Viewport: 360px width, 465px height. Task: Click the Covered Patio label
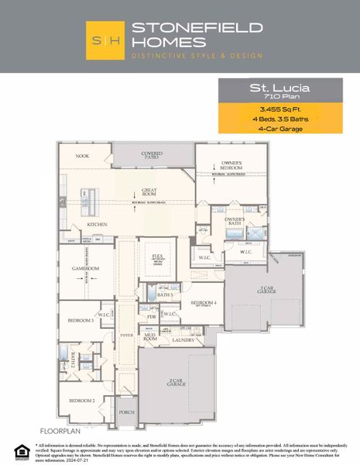coord(152,157)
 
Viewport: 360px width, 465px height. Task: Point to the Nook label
coord(82,156)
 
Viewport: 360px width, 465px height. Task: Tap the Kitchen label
coord(97,225)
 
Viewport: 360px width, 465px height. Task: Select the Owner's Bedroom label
coord(233,166)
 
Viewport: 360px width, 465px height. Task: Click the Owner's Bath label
coord(235,222)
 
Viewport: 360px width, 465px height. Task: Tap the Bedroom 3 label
coord(81,319)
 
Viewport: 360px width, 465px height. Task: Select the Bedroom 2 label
coord(81,400)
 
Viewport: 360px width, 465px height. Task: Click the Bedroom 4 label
coord(204,303)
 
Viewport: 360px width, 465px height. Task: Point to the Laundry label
coord(183,339)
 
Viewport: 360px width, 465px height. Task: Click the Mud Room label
coord(150,337)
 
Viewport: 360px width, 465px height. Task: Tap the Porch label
coord(126,412)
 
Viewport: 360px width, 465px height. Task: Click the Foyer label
coord(126,335)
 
